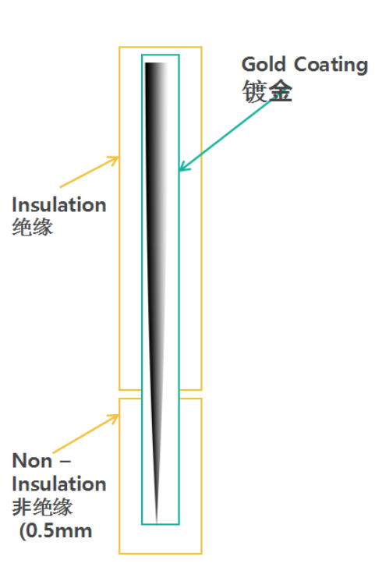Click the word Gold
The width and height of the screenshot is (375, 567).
(264, 65)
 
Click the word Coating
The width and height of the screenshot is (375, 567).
(331, 66)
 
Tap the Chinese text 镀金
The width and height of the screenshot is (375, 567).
(267, 91)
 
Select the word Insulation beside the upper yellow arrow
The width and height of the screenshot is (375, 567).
(59, 205)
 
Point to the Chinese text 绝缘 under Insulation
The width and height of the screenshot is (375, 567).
(33, 228)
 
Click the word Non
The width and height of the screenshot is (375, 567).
(32, 461)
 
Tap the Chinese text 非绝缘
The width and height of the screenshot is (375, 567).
(42, 507)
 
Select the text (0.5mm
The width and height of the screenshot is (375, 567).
(55, 531)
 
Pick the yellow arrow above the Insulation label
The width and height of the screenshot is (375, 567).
(90, 172)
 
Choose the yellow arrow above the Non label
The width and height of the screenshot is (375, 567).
(86, 434)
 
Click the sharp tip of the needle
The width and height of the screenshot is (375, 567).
(156, 523)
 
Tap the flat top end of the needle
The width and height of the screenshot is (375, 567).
(156, 63)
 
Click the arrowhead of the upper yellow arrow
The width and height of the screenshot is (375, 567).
(114, 160)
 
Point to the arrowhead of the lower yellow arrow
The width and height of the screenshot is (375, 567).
(115, 418)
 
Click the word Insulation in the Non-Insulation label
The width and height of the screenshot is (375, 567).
(59, 484)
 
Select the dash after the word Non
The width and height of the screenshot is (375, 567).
(65, 462)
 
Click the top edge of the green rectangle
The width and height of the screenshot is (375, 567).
(160, 55)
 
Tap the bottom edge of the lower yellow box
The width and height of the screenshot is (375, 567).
(160, 553)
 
